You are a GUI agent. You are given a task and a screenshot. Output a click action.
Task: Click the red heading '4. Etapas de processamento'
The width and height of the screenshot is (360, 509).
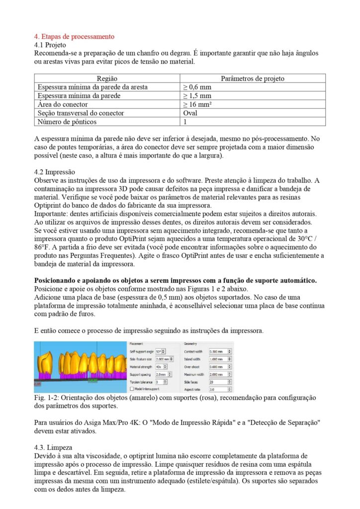74,37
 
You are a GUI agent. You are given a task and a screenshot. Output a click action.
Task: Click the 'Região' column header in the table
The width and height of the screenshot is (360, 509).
107,79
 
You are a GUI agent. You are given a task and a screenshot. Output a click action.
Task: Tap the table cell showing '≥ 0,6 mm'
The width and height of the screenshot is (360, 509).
197,87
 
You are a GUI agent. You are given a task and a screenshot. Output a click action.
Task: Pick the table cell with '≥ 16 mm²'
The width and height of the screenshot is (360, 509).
197,104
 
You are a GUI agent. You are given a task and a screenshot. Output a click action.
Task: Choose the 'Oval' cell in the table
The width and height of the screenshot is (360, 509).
191,113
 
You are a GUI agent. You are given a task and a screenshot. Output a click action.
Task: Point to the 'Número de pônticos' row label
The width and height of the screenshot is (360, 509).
67,121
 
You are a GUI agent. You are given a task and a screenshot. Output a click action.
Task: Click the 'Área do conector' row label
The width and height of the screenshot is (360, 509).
63,104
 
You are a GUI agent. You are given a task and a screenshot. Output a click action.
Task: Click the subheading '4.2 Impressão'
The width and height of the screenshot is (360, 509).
54,172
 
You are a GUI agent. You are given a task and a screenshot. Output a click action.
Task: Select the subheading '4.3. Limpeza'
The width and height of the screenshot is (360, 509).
54,447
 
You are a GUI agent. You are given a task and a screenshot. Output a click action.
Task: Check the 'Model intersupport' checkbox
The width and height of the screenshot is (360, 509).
132,389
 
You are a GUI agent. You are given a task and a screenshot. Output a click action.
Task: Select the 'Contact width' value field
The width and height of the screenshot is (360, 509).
218,351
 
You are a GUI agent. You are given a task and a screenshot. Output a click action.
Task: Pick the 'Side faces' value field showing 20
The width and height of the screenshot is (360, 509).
218,382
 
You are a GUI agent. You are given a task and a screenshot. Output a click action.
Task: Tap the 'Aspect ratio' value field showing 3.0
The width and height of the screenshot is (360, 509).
218,389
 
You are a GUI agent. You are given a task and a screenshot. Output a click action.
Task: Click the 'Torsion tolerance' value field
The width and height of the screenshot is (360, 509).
161,382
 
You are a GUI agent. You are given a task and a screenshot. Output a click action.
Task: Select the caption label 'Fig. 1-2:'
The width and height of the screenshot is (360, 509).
46,399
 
